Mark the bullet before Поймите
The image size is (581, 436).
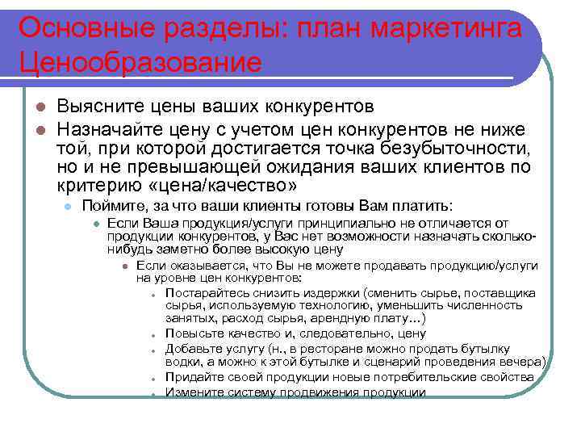(69, 208)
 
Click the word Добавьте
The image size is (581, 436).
(194, 348)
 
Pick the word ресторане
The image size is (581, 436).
(333, 348)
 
